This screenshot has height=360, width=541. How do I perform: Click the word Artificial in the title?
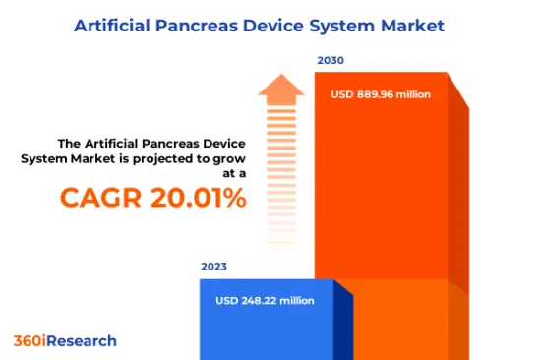pyautogui.click(x=114, y=24)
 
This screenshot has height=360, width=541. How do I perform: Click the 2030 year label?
pyautogui.click(x=331, y=61)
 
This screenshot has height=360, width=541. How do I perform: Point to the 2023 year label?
pyautogui.click(x=214, y=266)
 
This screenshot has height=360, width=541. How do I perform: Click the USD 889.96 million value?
pyautogui.click(x=381, y=95)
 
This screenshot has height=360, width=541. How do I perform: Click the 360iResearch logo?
pyautogui.click(x=65, y=341)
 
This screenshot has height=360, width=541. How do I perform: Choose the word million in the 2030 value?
pyautogui.click(x=412, y=95)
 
